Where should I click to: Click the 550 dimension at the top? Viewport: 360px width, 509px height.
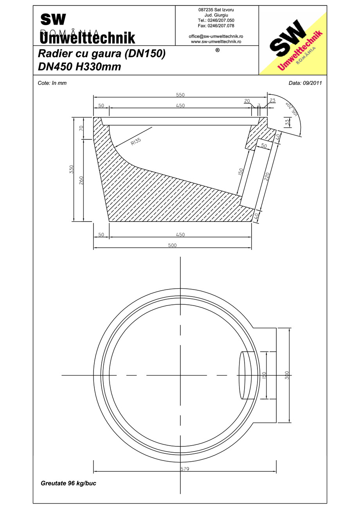[x=180, y=95]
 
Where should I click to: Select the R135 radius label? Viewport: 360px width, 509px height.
[x=136, y=141]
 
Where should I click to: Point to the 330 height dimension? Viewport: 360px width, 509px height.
[x=72, y=169]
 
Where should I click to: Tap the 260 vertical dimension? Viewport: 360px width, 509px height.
[x=81, y=180]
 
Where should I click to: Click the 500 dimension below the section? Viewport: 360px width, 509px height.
[x=172, y=245]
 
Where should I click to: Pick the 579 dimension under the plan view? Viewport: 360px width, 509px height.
[x=185, y=469]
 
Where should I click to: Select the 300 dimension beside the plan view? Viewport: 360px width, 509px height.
[x=287, y=376]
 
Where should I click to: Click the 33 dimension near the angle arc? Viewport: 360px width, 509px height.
[x=288, y=122]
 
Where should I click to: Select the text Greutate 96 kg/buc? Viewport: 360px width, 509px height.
[x=68, y=483]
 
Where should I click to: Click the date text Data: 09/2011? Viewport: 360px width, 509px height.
[x=305, y=83]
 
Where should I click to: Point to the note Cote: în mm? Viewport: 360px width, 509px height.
[x=52, y=83]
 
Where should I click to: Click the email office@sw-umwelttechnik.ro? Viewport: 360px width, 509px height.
[x=216, y=36]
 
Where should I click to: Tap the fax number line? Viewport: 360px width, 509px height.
[x=216, y=25]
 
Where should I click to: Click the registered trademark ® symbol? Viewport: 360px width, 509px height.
[x=218, y=50]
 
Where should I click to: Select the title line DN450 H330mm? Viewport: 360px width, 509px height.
[x=79, y=67]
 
